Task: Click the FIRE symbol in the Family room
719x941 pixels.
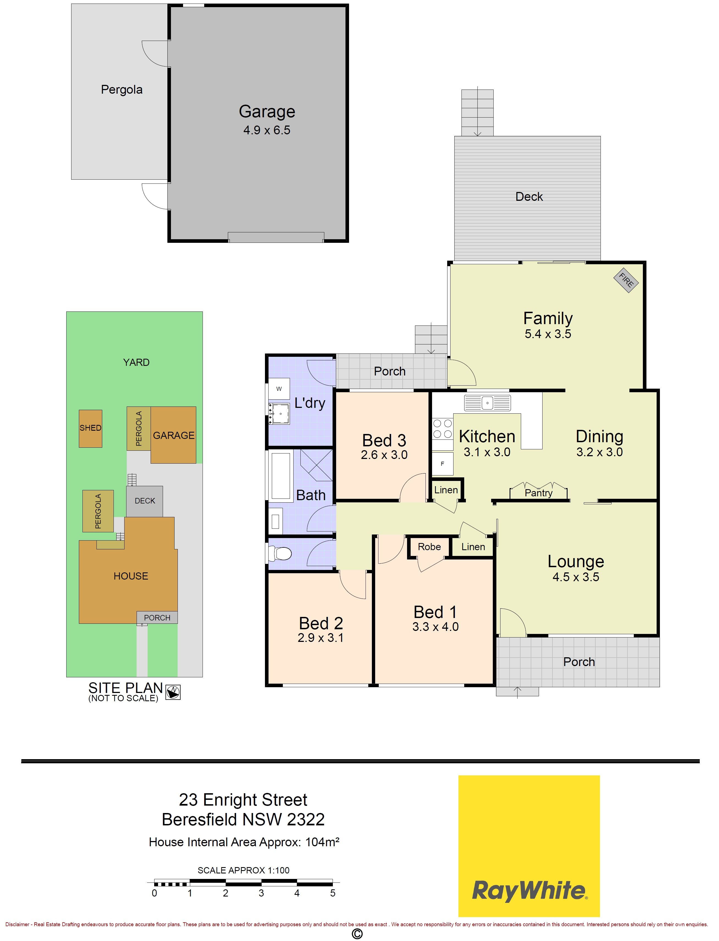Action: coord(626,280)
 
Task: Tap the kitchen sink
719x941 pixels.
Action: coord(488,403)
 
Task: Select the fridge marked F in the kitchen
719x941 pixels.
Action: coord(443,464)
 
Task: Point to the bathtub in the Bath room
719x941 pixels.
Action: coord(280,475)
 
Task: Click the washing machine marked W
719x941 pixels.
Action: coord(279,389)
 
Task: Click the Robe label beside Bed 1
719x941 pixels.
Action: coord(429,547)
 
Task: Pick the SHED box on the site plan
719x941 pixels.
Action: coord(90,428)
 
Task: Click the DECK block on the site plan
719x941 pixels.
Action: coord(145,501)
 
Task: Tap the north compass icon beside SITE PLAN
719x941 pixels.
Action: coord(173,692)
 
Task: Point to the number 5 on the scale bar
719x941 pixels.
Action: coord(333,893)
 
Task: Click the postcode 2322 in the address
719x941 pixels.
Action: coord(306,820)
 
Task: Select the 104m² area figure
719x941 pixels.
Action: coord(322,842)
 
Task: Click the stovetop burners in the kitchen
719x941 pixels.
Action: coord(443,429)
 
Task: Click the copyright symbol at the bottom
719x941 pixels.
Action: coord(357,934)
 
